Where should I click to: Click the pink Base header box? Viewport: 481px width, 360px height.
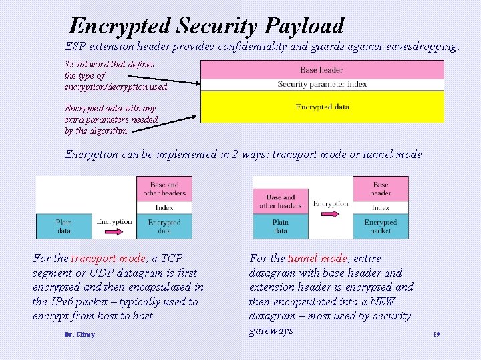coord(322,69)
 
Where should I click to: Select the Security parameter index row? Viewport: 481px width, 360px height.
coord(322,85)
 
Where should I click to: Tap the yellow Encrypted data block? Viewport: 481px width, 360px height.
coord(322,107)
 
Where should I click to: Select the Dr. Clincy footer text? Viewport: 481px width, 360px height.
coord(79,334)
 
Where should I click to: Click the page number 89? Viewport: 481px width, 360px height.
coord(436,333)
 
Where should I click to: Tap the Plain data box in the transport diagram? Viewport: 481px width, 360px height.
coord(64,226)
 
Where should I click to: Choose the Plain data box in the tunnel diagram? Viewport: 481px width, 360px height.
coord(281,226)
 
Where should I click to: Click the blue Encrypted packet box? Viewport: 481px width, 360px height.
coord(381,226)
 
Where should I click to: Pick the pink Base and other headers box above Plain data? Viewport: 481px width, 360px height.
coord(281,201)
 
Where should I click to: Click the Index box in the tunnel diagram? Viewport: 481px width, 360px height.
coord(381,207)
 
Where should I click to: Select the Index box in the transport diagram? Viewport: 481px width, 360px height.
coord(164,207)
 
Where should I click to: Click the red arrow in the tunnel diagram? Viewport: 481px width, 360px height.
coord(331,215)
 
